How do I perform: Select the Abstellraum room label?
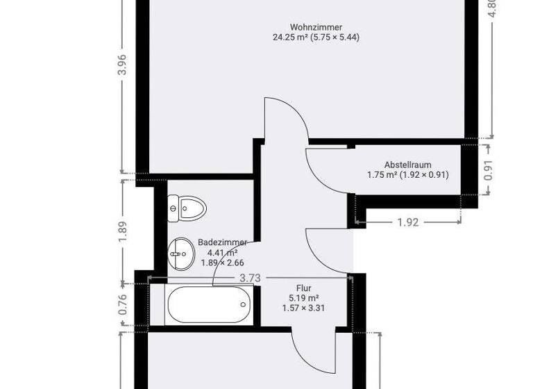pos(407,165)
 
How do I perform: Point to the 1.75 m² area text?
pos(382,175)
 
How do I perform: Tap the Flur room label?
pos(303,288)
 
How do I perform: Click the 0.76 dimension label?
pos(123,306)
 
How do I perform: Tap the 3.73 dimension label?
pos(250,278)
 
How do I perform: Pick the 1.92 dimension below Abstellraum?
pos(408,222)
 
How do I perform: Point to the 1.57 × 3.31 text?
pos(303,308)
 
